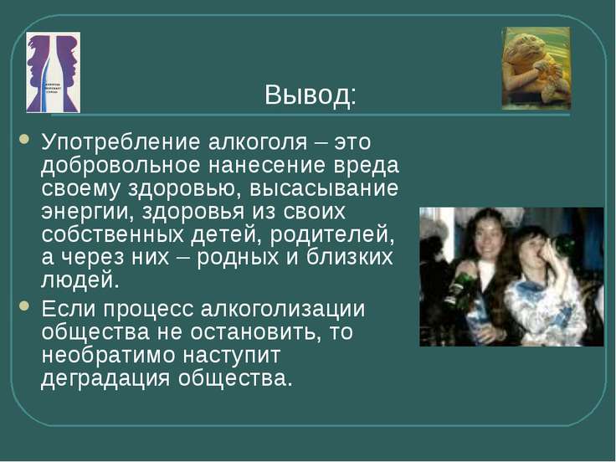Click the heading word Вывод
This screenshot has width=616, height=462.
coord(310,95)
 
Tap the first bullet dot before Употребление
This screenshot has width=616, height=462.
coord(24,139)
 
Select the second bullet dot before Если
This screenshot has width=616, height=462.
coord(24,305)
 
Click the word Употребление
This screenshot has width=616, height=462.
coord(121,142)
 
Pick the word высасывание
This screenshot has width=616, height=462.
coord(324,188)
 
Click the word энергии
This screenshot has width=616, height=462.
coord(86,212)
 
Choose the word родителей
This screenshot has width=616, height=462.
coord(332,235)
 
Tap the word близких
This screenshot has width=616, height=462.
coord(350,257)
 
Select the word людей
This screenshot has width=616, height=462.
coord(80,281)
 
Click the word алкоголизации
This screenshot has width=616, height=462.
coord(283,310)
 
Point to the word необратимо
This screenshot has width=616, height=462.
coord(108,356)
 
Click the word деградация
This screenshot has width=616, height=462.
coord(105,379)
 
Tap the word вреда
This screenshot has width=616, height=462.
coord(366,166)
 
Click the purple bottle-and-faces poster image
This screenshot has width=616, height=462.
coord(54,72)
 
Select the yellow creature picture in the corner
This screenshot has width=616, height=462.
coord(536,69)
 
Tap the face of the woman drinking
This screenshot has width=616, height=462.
coord(531,249)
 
